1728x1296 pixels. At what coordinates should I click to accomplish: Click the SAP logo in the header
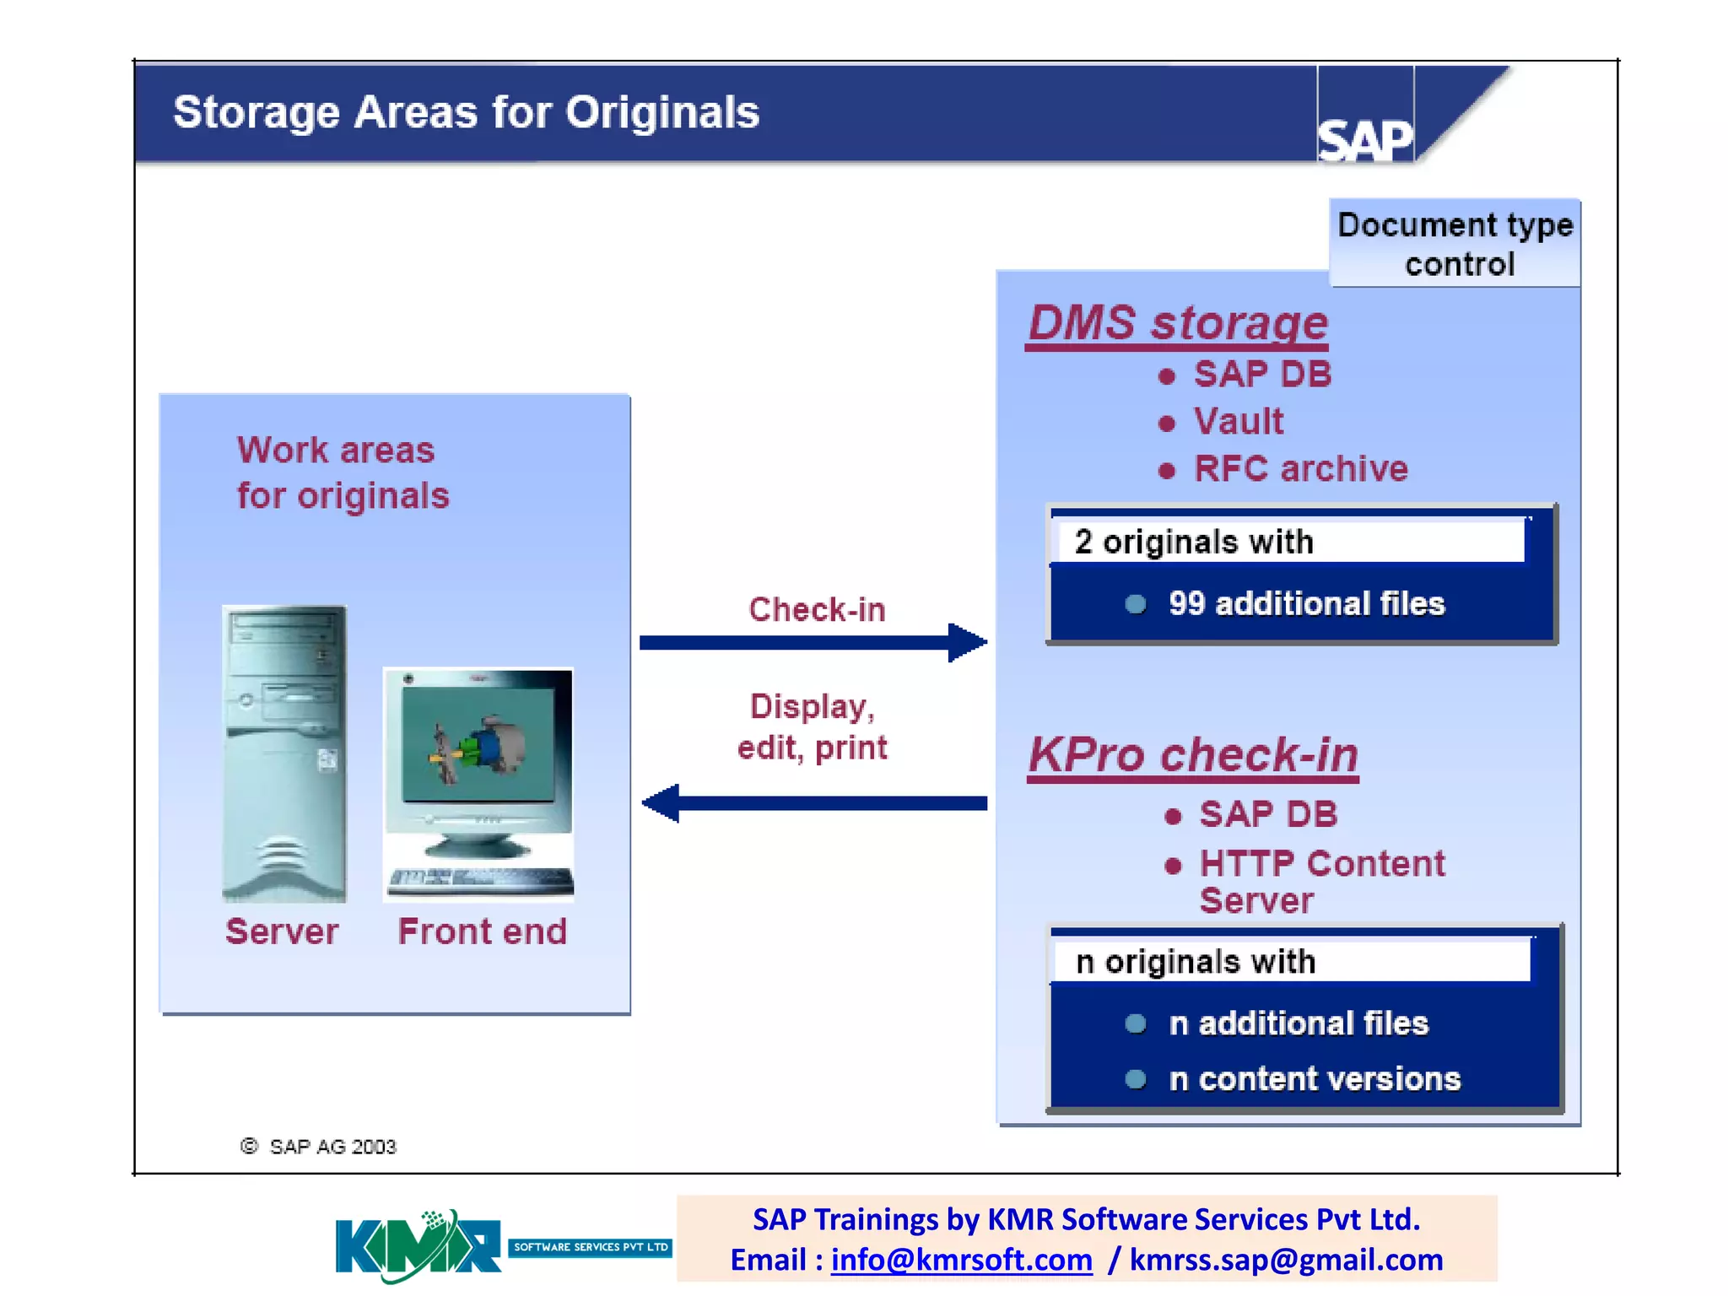[x=1364, y=139]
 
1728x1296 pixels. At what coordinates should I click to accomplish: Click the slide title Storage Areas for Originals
[x=466, y=112]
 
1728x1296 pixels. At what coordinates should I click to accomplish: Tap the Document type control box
[x=1455, y=244]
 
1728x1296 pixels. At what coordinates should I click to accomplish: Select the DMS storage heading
[x=1178, y=323]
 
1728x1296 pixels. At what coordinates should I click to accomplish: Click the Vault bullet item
[x=1238, y=421]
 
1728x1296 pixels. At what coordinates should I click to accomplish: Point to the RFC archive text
[x=1300, y=469]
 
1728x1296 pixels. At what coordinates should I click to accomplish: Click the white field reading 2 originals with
[x=1287, y=541]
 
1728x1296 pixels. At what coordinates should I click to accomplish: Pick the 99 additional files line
[x=1305, y=604]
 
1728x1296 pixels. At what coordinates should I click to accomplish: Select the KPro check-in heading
[x=1193, y=754]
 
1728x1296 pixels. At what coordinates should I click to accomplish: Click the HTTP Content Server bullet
[x=1321, y=880]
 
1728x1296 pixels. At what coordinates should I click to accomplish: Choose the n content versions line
[x=1314, y=1079]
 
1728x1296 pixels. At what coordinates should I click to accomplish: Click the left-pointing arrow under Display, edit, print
[x=814, y=802]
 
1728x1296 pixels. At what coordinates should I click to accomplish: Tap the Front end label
[x=482, y=931]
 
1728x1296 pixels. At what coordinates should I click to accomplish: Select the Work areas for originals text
[x=343, y=472]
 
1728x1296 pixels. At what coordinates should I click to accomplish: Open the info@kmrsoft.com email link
[x=961, y=1260]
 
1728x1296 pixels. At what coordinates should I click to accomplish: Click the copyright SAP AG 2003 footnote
[x=319, y=1147]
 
